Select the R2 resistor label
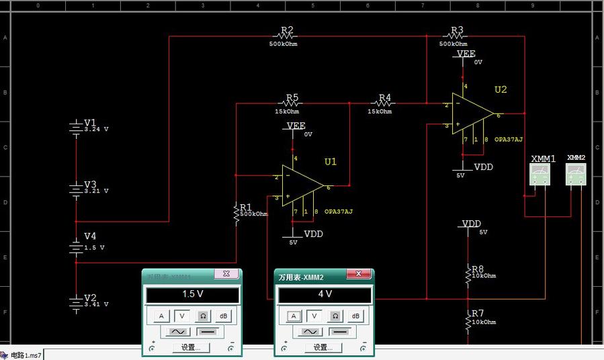(x=287, y=30)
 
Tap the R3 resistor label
(x=457, y=30)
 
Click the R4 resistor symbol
(x=384, y=104)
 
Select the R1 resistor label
(x=245, y=207)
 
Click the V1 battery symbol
(x=75, y=127)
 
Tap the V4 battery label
(x=90, y=236)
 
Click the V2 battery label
(x=90, y=298)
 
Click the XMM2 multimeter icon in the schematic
(x=576, y=174)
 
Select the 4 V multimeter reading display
(x=325, y=295)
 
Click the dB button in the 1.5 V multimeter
(x=223, y=316)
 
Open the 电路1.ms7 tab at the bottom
(x=26, y=355)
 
